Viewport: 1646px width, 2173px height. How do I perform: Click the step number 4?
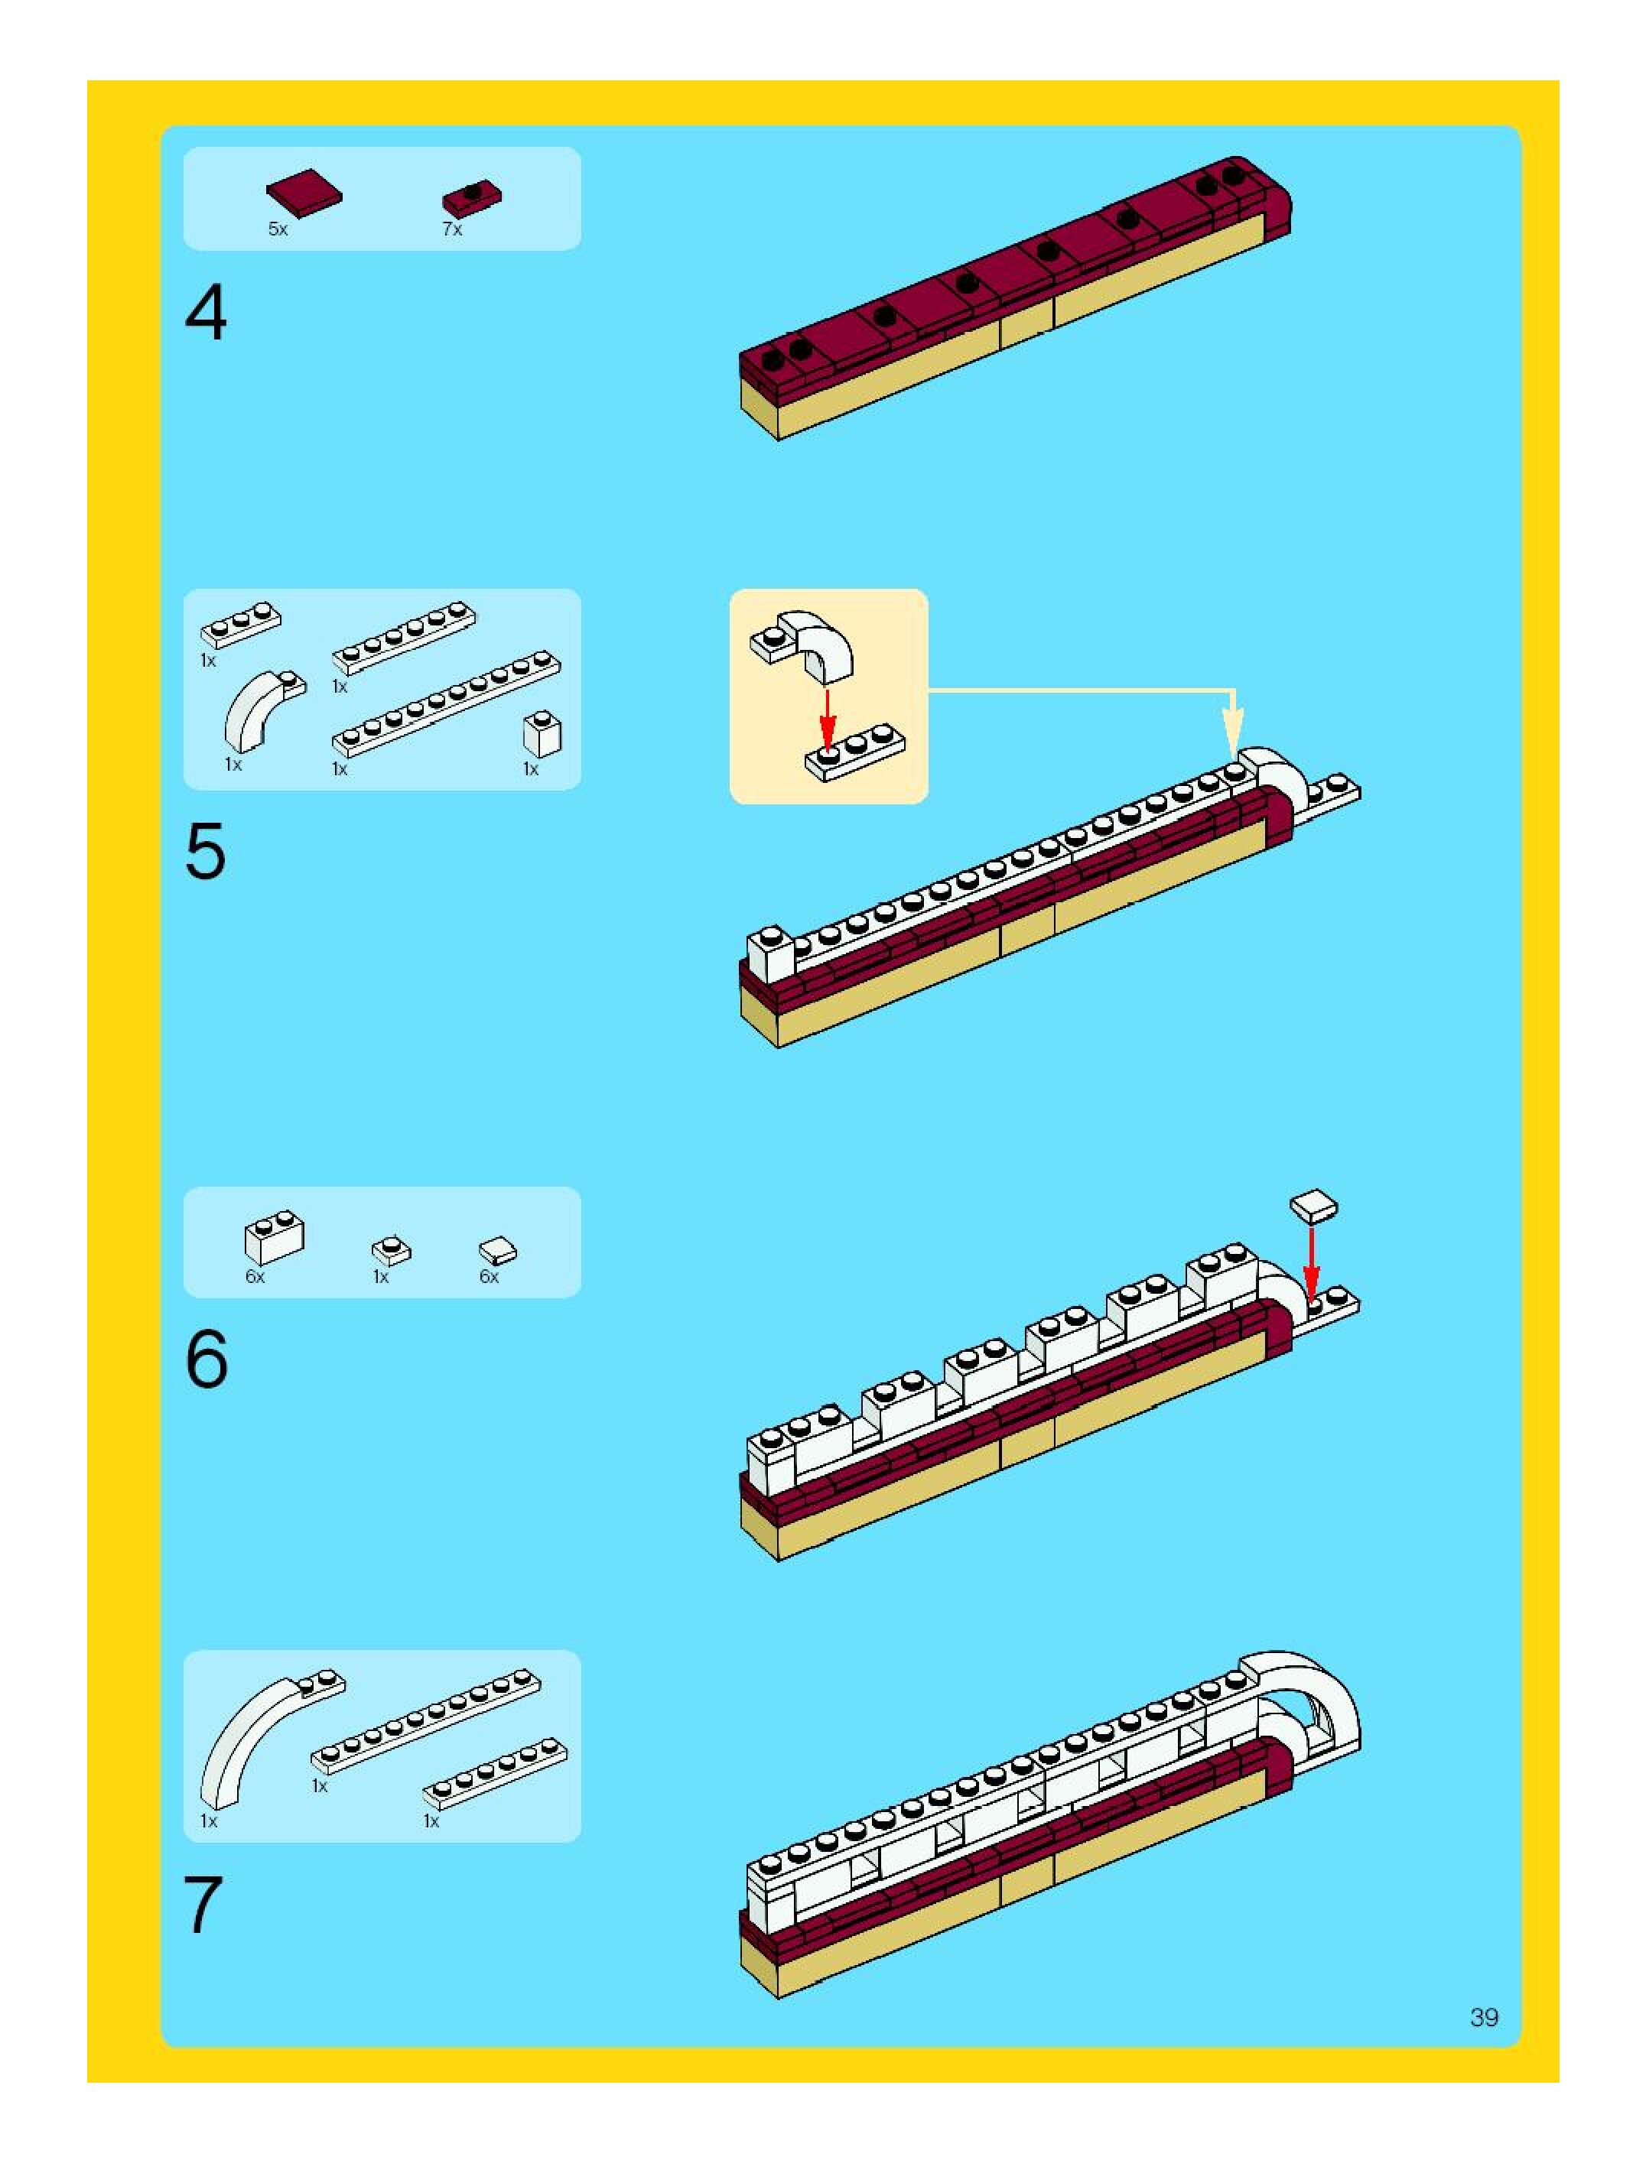[x=206, y=313]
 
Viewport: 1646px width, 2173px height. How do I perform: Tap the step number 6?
[x=207, y=1359]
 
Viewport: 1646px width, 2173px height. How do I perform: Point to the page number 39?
[x=1484, y=2017]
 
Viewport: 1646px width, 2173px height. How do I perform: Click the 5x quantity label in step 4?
[x=278, y=229]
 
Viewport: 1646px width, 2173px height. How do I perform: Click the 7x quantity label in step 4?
[x=452, y=229]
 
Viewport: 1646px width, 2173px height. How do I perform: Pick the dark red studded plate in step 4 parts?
[x=472, y=199]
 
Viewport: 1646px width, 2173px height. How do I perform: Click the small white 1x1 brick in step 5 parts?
[x=542, y=732]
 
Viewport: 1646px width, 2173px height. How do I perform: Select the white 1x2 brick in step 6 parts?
[x=274, y=1237]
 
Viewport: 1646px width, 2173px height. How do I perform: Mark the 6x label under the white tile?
[x=489, y=1276]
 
